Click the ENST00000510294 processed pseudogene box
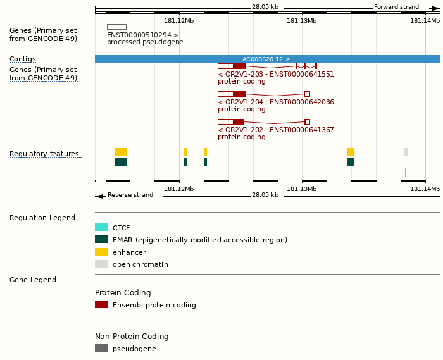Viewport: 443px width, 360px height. (116, 27)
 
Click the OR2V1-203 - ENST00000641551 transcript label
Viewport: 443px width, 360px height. (275, 74)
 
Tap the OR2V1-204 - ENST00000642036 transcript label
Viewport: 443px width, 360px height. (275, 102)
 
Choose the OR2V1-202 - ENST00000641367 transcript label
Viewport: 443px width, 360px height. (275, 130)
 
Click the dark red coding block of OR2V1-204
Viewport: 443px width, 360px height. (239, 94)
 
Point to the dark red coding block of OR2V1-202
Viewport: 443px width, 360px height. (238, 121)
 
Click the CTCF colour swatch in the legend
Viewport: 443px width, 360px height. (101, 228)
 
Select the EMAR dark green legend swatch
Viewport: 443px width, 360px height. (101, 240)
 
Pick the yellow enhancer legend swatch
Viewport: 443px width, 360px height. (101, 252)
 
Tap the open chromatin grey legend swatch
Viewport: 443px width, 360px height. (101, 264)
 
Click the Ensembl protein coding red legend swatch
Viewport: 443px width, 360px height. (101, 304)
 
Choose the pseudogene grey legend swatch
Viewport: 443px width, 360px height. (101, 348)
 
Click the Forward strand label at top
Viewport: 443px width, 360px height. (396, 7)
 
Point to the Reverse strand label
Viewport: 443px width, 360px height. (130, 195)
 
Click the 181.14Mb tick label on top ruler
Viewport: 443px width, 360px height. (424, 20)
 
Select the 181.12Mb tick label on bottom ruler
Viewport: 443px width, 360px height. (179, 189)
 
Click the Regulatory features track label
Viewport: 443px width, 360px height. (44, 154)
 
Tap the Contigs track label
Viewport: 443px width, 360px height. (23, 59)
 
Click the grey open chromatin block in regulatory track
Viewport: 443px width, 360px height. (406, 152)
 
